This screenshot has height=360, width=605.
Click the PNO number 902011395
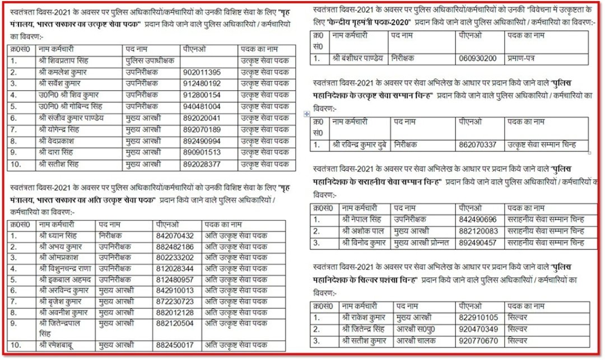point(202,72)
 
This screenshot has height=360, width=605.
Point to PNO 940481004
point(202,106)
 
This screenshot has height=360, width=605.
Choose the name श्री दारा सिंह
point(57,152)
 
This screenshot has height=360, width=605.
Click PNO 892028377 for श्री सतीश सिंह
point(202,164)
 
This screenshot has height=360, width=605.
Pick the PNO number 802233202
point(175,258)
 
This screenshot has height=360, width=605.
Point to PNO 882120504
point(175,323)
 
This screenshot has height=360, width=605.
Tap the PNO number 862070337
point(478,145)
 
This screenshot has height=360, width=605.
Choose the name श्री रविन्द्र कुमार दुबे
point(359,145)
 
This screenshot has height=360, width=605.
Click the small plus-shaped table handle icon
point(306,114)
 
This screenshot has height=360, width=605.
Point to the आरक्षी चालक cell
point(413,340)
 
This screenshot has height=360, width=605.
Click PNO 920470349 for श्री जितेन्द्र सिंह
point(478,329)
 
